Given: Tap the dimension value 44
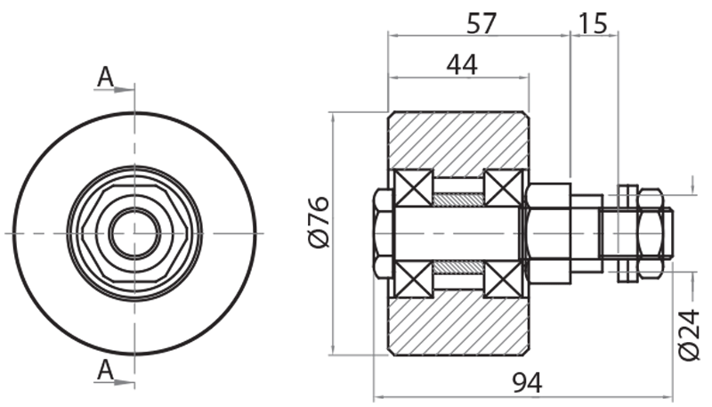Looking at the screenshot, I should (x=461, y=64).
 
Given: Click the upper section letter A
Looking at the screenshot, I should (x=105, y=78).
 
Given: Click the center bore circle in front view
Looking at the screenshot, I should (x=134, y=233).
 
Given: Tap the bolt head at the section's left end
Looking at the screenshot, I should (x=382, y=233).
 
